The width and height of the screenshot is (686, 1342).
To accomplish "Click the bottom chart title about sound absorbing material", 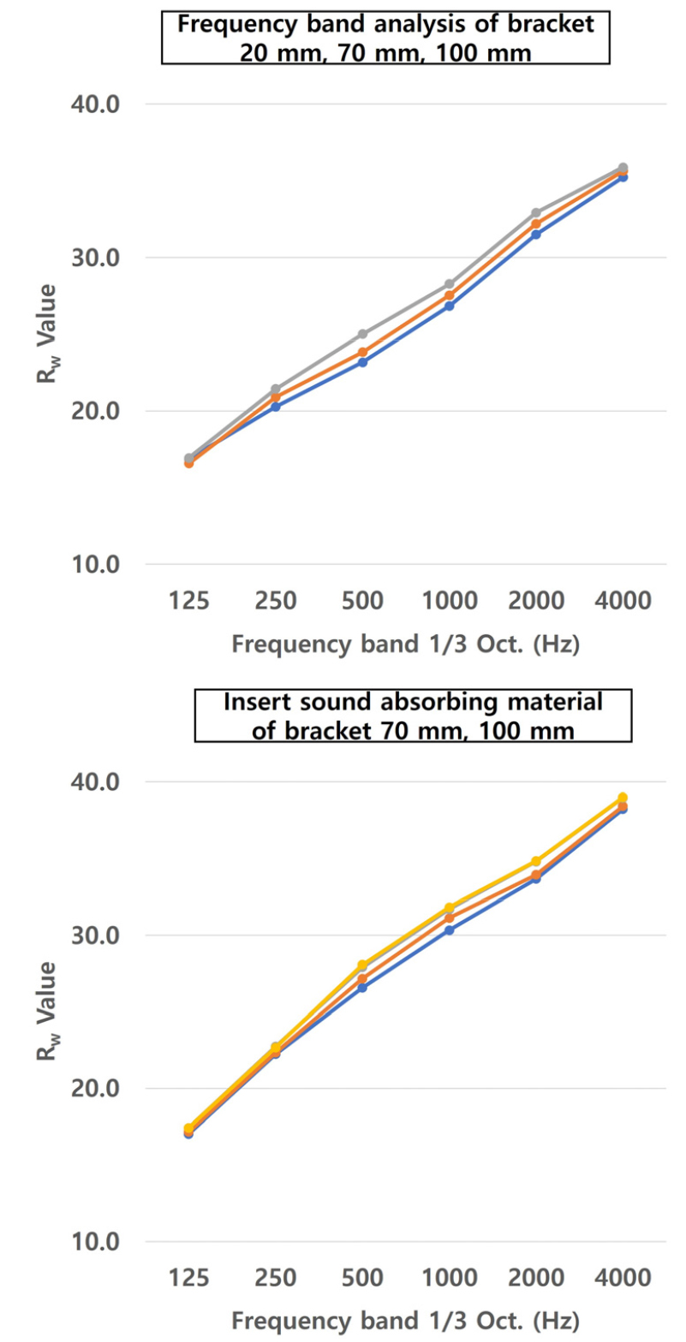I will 413,715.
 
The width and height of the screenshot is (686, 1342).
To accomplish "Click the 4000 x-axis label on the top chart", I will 622,600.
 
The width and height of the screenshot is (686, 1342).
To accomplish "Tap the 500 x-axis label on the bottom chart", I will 362,1278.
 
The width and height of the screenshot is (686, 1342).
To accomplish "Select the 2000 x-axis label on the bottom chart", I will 535,1278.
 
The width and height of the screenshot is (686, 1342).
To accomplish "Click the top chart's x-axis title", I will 405,644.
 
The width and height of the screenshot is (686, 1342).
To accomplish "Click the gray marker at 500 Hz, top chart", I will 362,334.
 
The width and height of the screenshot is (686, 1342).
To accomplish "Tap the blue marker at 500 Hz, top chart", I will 362,362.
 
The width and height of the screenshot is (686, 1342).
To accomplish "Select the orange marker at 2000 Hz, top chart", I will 536,224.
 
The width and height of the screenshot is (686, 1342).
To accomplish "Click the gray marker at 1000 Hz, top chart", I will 449,284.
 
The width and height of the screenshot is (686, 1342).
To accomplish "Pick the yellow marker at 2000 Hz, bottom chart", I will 536,861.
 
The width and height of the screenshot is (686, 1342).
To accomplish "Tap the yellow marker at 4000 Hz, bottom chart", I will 623,798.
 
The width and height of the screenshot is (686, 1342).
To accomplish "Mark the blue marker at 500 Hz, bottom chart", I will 362,988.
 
